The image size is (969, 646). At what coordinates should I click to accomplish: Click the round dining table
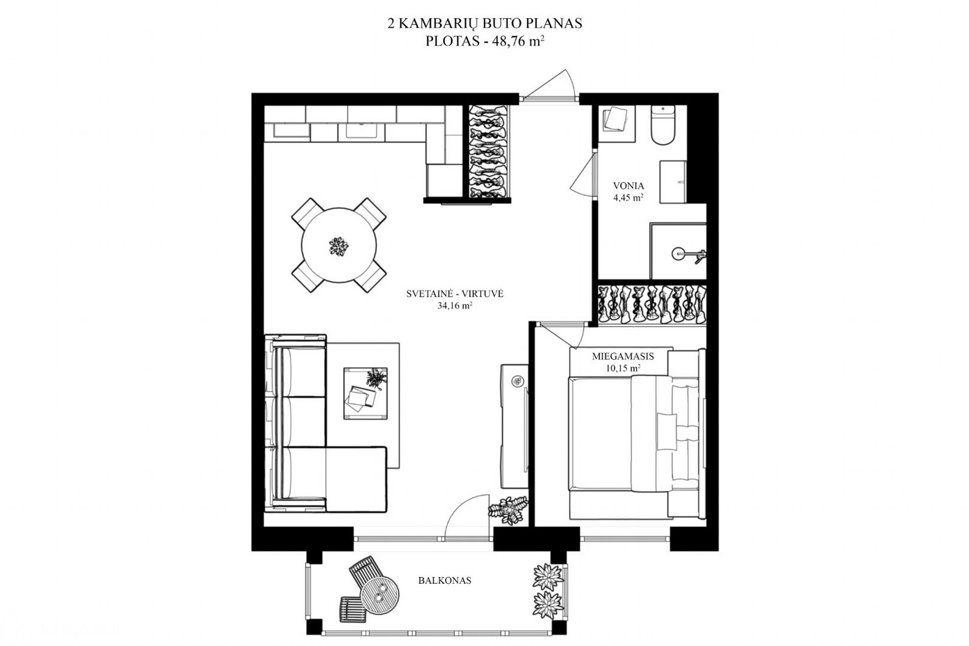tap(339, 245)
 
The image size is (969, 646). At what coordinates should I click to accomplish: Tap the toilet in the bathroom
tap(663, 125)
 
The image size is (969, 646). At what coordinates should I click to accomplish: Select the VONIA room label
tap(628, 186)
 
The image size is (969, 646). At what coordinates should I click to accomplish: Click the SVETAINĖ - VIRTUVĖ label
tap(454, 294)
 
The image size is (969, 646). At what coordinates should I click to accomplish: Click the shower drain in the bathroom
tap(678, 251)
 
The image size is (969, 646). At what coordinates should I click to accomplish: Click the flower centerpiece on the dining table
tap(339, 246)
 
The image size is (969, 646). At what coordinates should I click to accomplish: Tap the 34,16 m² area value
tap(454, 306)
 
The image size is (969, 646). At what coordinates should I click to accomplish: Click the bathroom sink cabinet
tap(673, 182)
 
